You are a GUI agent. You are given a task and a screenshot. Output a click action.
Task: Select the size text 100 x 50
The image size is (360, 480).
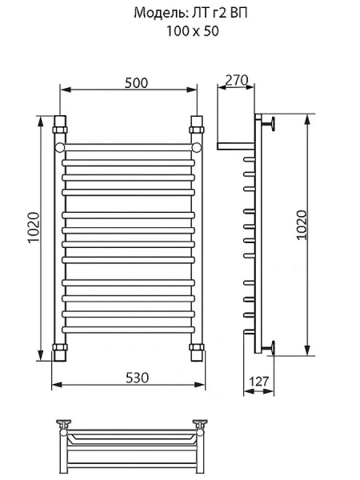pos(190,31)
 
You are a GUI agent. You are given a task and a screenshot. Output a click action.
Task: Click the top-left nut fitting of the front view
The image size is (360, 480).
pos(61,126)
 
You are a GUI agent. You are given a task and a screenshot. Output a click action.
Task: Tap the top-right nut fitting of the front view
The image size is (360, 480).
pos(197,126)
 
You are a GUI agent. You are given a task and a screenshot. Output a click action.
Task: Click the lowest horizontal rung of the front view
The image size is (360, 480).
pos(129,330)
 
